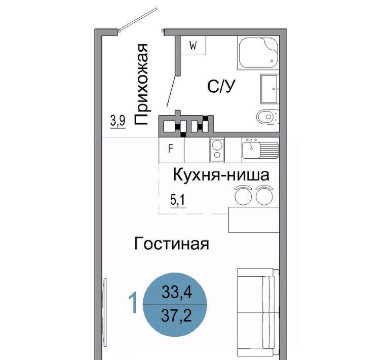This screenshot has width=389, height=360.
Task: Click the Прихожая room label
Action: pos(141,84)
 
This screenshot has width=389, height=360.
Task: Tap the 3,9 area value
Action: pos(118,121)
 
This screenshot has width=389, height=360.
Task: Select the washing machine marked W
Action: pos(193,46)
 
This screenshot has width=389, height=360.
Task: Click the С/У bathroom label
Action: pos(221,86)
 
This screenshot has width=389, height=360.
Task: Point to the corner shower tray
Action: pos(258,53)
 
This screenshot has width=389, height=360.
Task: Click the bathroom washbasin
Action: pos(270,89)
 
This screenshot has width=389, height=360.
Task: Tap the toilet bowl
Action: pos(267,117)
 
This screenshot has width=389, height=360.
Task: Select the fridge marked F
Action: pos(171,150)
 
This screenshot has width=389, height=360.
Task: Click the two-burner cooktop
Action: pos(217,150)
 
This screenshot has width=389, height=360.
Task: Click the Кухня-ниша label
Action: pos(221,175)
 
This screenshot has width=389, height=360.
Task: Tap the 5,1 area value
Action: pos(178,200)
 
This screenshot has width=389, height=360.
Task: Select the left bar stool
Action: pos(243,195)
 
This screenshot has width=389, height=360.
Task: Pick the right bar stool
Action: pos(264,195)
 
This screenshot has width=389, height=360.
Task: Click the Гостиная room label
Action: pos(172,243)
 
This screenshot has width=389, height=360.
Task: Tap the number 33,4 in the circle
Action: pos(177,292)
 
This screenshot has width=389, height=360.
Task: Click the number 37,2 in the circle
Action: pos(176,316)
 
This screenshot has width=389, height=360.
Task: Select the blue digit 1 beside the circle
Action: pos(133,303)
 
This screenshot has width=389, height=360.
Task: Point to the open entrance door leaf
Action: pos(138,19)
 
